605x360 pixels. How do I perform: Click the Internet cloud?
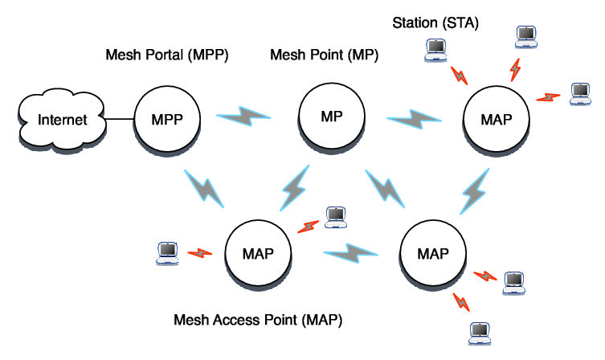point(63,121)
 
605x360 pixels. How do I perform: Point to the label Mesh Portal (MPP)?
point(168,56)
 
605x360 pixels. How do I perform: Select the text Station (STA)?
point(435,23)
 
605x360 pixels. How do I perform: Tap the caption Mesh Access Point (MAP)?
point(259,321)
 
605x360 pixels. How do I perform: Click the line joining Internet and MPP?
point(120,121)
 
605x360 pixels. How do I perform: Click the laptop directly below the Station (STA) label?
point(435,51)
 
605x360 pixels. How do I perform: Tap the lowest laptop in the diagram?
point(480,330)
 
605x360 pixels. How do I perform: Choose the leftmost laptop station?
point(166,252)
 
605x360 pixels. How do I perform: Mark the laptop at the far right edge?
point(581,92)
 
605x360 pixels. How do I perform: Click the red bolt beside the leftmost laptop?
point(199,253)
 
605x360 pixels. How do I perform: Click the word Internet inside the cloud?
point(63,121)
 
